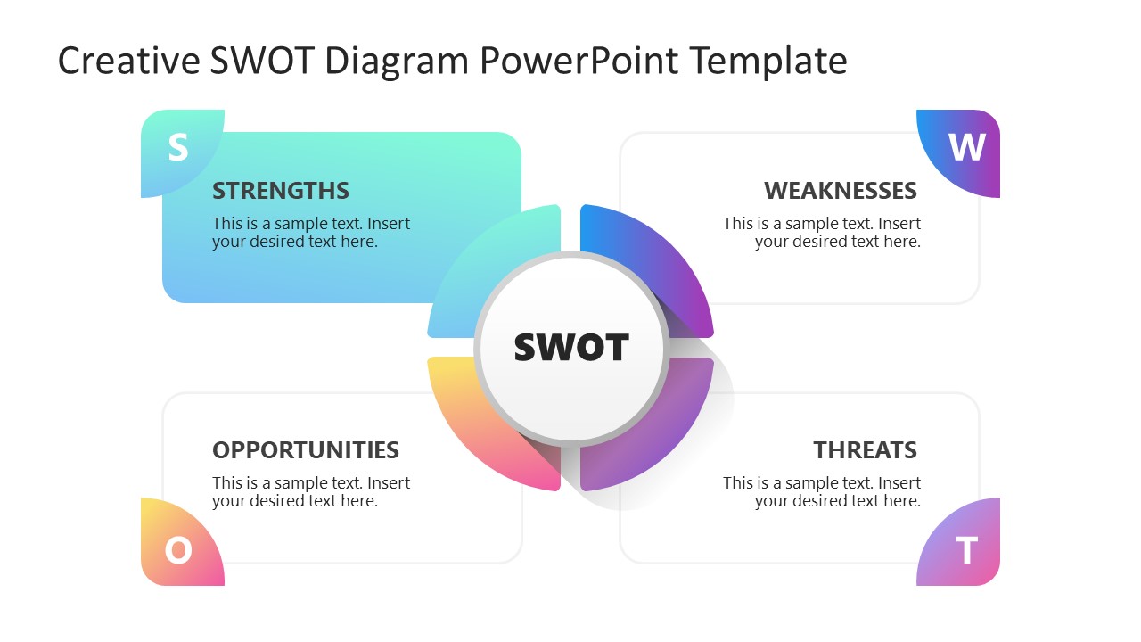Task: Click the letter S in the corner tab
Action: [178, 148]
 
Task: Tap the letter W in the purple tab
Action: [967, 148]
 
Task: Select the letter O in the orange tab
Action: [178, 550]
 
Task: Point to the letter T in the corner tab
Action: [967, 551]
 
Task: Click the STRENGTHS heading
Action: [281, 191]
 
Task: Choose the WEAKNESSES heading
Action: [840, 191]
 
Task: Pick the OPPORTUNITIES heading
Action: [306, 450]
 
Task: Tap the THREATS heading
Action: [865, 450]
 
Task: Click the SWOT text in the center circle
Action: [571, 348]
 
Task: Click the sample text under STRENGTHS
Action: [310, 233]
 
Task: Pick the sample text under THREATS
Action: [822, 492]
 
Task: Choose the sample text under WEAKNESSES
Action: [822, 233]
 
